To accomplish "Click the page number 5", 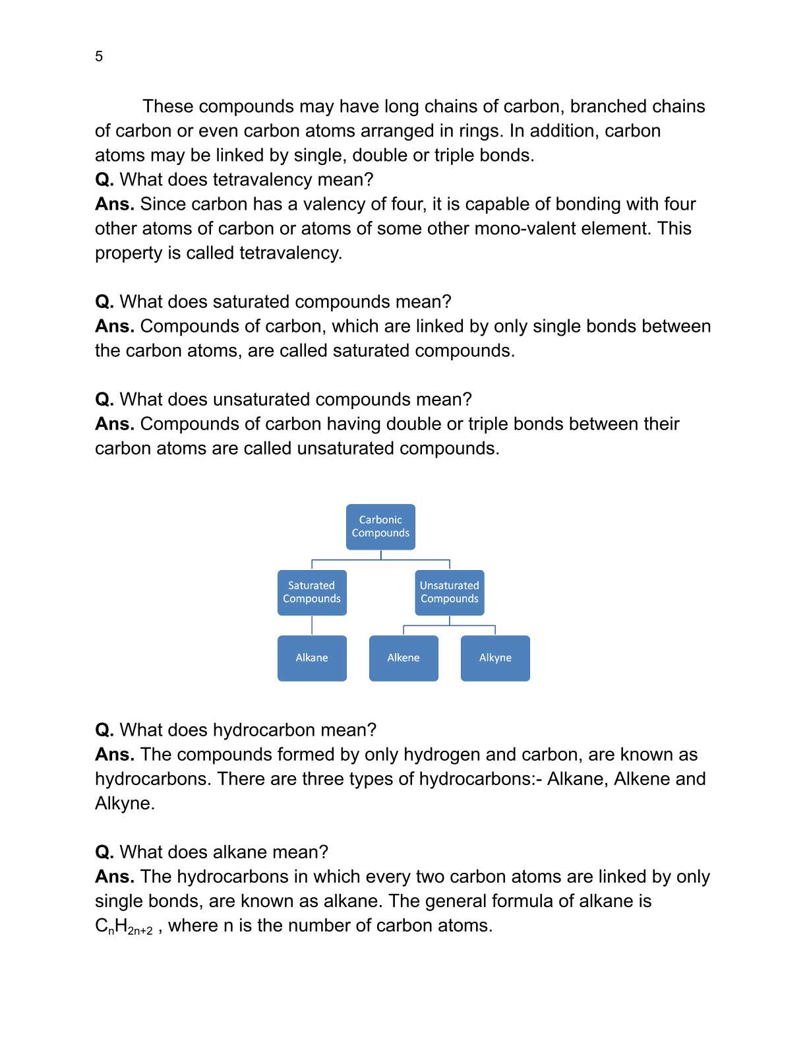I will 99,56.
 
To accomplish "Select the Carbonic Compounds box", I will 380,526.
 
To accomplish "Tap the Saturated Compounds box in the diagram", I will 312,592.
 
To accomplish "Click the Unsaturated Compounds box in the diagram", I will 450,592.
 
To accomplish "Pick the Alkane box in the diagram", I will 312,658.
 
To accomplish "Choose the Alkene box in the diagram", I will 403,658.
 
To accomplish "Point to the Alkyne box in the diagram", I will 495,658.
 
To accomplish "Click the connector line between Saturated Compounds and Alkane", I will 312,625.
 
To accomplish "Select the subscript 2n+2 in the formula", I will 140,931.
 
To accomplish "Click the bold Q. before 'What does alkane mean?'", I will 104,852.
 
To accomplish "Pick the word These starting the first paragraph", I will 167,106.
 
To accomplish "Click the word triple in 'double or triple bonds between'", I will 489,424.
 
